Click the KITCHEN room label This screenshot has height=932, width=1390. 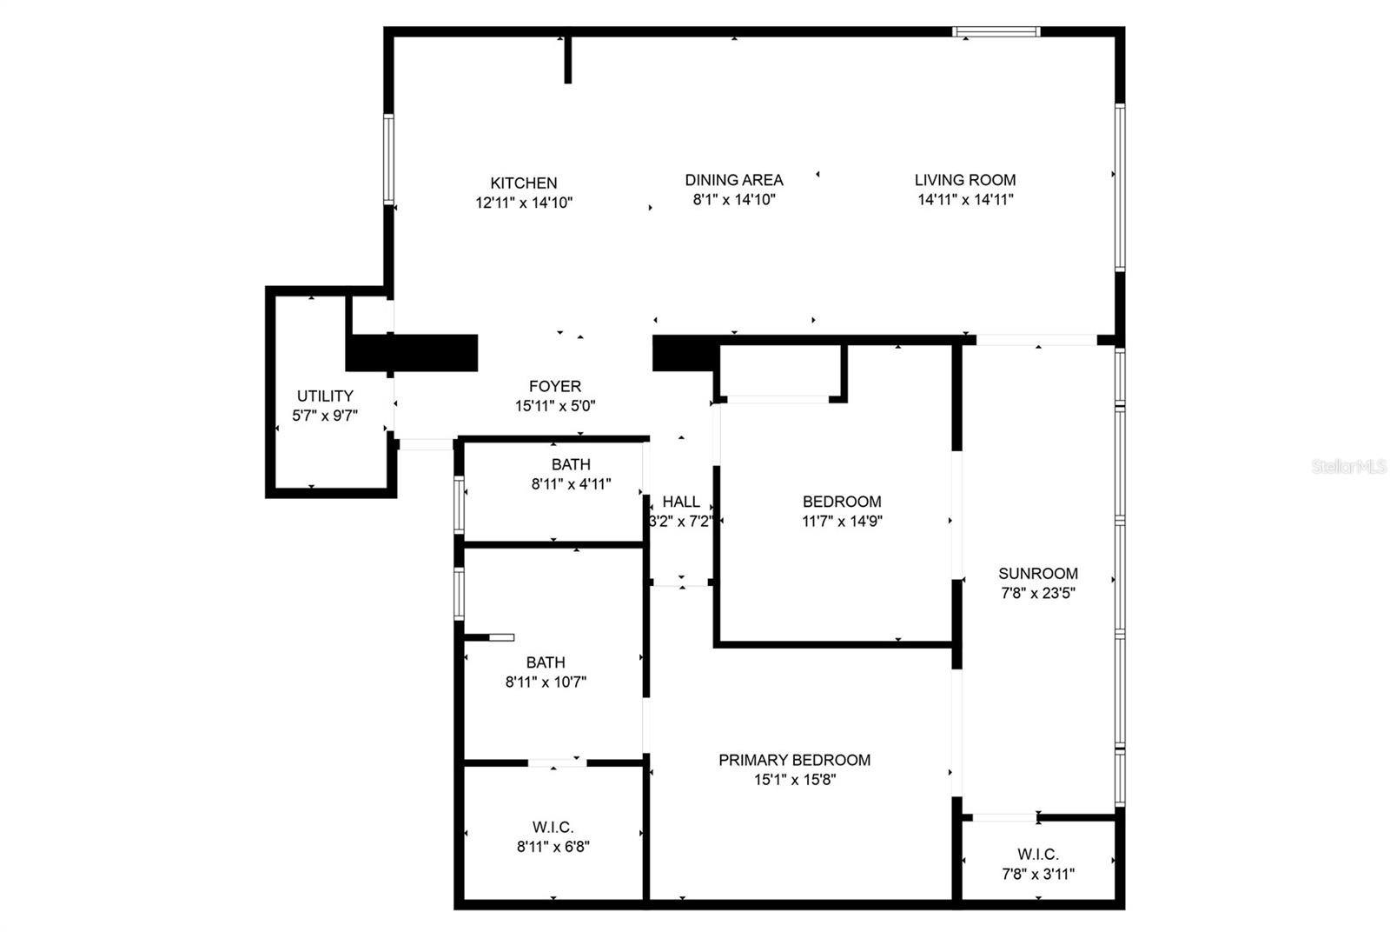[x=523, y=183]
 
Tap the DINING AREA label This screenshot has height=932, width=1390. [x=734, y=180]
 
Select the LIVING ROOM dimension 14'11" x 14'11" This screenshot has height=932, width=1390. [x=965, y=199]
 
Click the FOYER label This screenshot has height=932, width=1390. [x=555, y=386]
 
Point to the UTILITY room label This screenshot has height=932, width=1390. [x=325, y=396]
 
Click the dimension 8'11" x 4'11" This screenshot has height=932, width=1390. [x=571, y=484]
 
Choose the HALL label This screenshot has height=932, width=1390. [x=681, y=502]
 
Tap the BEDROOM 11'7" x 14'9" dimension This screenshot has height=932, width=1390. [x=842, y=522]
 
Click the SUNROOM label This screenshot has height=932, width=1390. [x=1038, y=574]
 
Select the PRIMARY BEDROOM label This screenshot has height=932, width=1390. [x=794, y=760]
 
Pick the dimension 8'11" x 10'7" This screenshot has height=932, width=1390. [x=546, y=682]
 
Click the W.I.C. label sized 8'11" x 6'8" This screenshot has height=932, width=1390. [x=553, y=827]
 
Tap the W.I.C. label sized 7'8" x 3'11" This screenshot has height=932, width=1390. [x=1038, y=855]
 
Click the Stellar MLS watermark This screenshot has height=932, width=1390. [x=1348, y=467]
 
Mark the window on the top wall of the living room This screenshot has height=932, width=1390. [x=996, y=32]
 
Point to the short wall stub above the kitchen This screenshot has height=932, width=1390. [x=568, y=59]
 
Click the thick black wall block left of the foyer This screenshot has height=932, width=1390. [x=413, y=353]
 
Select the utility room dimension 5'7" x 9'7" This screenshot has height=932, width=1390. [x=325, y=416]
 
